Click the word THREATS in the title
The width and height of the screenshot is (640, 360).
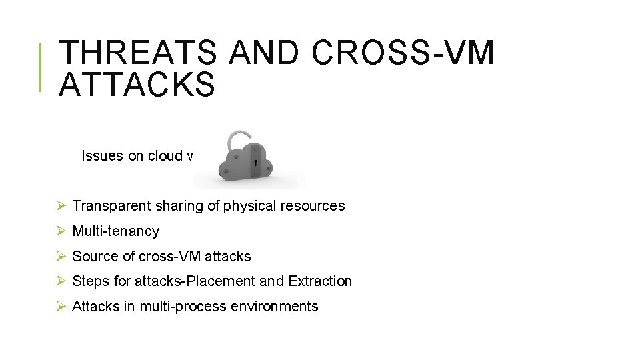[x=137, y=53]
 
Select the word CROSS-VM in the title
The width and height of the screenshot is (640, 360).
[x=403, y=53]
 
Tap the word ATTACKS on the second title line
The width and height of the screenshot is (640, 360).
[x=137, y=85]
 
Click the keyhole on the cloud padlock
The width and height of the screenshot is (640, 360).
[x=255, y=164]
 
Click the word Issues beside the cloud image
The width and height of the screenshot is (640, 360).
[x=102, y=156]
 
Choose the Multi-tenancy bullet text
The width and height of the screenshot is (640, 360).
[x=115, y=231]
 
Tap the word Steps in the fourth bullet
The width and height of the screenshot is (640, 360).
[x=89, y=281]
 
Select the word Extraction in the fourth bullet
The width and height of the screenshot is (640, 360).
[x=320, y=281]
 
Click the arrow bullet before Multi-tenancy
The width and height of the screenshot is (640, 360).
[x=61, y=231]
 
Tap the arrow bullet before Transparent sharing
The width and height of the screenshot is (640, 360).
[x=61, y=206]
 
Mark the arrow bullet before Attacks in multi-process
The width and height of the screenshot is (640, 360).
[x=61, y=307]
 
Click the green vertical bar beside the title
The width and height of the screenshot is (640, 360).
[x=41, y=67]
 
